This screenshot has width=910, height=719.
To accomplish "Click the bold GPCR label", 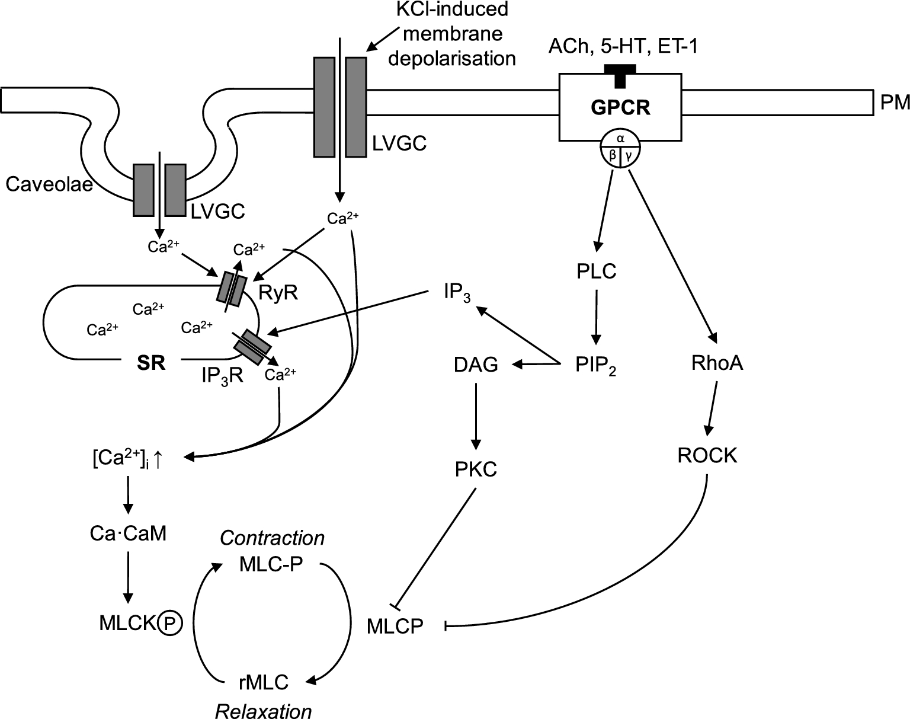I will tap(620, 108).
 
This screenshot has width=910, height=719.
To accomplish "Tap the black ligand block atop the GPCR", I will tap(620, 74).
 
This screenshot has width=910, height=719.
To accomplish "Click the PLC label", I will tap(596, 271).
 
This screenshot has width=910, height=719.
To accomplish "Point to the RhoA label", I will tap(717, 363).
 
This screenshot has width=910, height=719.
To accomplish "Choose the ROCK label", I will tap(707, 455).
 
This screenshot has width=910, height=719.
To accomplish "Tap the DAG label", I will tap(476, 365).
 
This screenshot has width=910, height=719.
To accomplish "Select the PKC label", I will tap(476, 469).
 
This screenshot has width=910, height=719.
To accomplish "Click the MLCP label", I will tap(395, 626).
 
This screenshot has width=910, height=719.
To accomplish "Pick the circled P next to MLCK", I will tap(171, 623).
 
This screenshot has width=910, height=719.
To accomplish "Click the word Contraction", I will tap(272, 538).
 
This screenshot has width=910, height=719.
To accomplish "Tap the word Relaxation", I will tap(263, 711).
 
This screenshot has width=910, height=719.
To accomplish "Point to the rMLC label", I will tap(263, 682).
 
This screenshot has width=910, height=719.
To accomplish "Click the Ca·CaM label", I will tap(128, 534).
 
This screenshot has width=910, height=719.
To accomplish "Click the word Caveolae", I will tap(50, 185).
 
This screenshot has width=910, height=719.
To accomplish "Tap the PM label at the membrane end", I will tap(895, 103).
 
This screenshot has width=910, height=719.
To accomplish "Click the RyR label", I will tap(278, 292).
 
